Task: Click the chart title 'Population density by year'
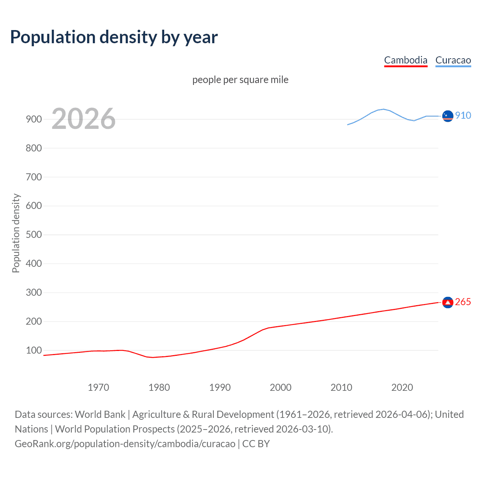(114, 37)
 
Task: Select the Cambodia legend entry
(405, 61)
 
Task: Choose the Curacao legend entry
(453, 61)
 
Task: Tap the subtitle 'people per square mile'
(240, 80)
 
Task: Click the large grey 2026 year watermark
(83, 119)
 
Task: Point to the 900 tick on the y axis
(34, 119)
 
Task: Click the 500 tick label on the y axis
(34, 234)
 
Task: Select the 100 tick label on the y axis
(34, 350)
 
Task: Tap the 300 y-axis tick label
(34, 292)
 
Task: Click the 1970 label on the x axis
(98, 387)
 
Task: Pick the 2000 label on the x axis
(280, 387)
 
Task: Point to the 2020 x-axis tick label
(402, 387)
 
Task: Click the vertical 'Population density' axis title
(16, 233)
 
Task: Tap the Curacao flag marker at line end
(448, 116)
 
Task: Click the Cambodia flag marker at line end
(448, 303)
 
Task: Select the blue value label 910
(463, 115)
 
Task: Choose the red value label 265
(463, 302)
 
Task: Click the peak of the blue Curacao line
(383, 109)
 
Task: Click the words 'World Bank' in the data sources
(100, 414)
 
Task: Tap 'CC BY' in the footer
(256, 443)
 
